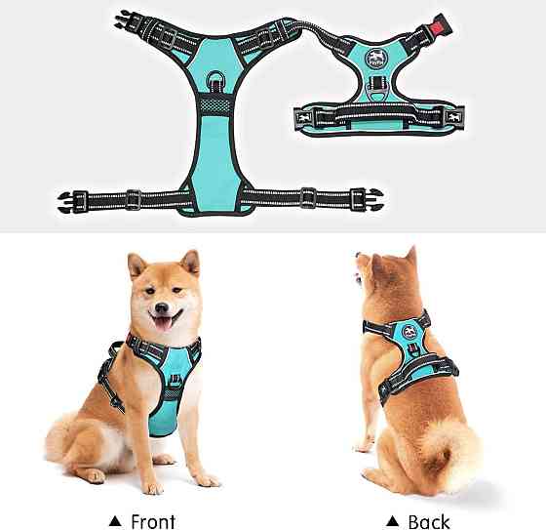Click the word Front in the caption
point(153,521)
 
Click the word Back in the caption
point(429,521)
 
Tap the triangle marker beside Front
point(115,521)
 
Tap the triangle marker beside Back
point(392,521)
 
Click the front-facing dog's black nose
point(162,307)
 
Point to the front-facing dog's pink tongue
point(163,324)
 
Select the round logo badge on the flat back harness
point(373,58)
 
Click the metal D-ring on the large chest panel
point(215,81)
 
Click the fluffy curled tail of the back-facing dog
point(449,453)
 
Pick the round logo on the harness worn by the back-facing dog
point(409,332)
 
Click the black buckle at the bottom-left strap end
point(72,201)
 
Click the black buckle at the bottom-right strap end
point(367,199)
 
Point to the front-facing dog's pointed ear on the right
point(191,263)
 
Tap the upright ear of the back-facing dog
point(411,255)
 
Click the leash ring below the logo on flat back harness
point(376,94)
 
